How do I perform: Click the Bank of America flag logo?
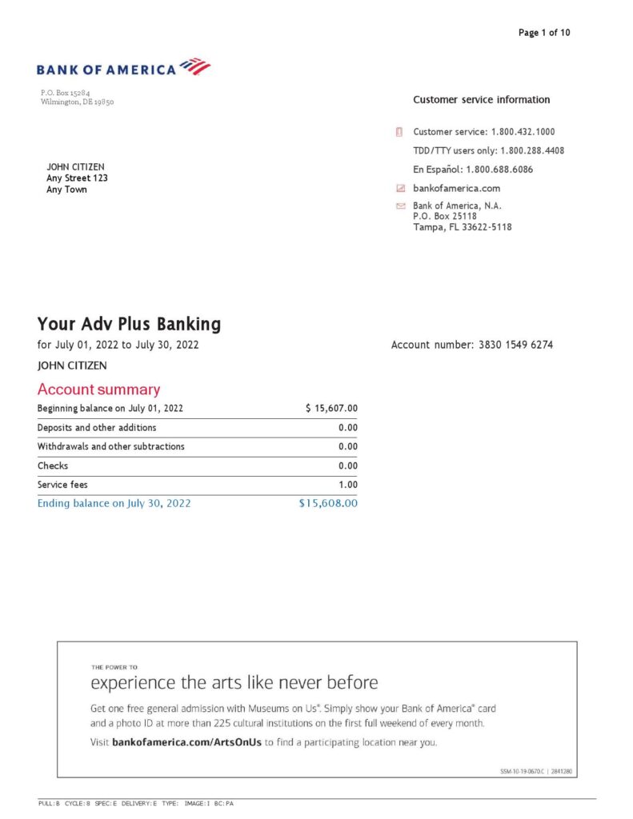(195, 66)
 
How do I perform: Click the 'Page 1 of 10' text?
(544, 33)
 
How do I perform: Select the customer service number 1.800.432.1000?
(523, 131)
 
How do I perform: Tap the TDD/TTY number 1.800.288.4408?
(532, 150)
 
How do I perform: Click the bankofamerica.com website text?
(456, 189)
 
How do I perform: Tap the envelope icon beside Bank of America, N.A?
(401, 206)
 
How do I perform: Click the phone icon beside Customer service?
(399, 132)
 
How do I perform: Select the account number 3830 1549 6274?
(515, 346)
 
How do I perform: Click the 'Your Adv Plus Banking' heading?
(129, 324)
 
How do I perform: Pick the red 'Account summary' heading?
(98, 390)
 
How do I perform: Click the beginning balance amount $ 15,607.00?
(331, 409)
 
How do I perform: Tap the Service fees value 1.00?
(347, 485)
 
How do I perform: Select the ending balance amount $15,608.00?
(328, 504)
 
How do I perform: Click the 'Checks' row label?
(53, 465)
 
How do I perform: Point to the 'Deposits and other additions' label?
(97, 428)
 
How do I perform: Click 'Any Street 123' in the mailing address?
(77, 178)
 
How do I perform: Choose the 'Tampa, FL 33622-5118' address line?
(462, 227)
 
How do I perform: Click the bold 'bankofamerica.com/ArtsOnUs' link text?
(187, 742)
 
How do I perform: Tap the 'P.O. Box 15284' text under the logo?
(66, 94)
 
